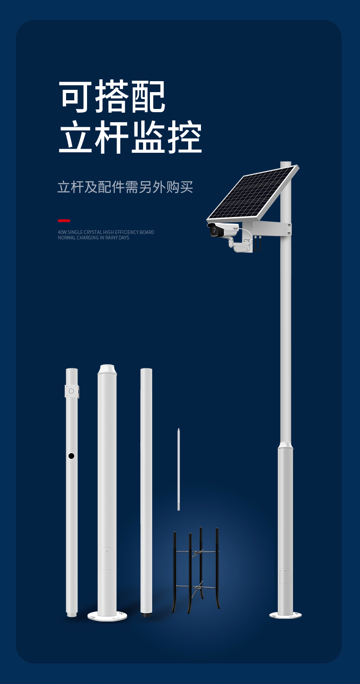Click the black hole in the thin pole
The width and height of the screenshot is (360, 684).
tap(72, 456)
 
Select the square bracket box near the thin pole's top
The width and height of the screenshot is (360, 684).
tap(72, 391)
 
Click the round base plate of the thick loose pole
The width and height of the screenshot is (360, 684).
tap(107, 616)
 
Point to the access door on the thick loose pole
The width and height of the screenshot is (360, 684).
tap(107, 558)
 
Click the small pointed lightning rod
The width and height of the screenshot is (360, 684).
tap(179, 469)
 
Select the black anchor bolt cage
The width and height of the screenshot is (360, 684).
tap(196, 570)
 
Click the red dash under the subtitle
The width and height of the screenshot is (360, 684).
tap(64, 220)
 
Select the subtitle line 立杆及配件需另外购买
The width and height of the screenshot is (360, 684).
tap(125, 187)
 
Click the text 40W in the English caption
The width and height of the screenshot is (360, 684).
tap(62, 232)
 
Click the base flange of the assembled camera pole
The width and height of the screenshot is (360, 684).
tap(285, 615)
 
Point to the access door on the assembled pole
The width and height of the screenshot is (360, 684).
tap(285, 575)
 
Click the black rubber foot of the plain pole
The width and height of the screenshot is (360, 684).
tap(146, 615)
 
